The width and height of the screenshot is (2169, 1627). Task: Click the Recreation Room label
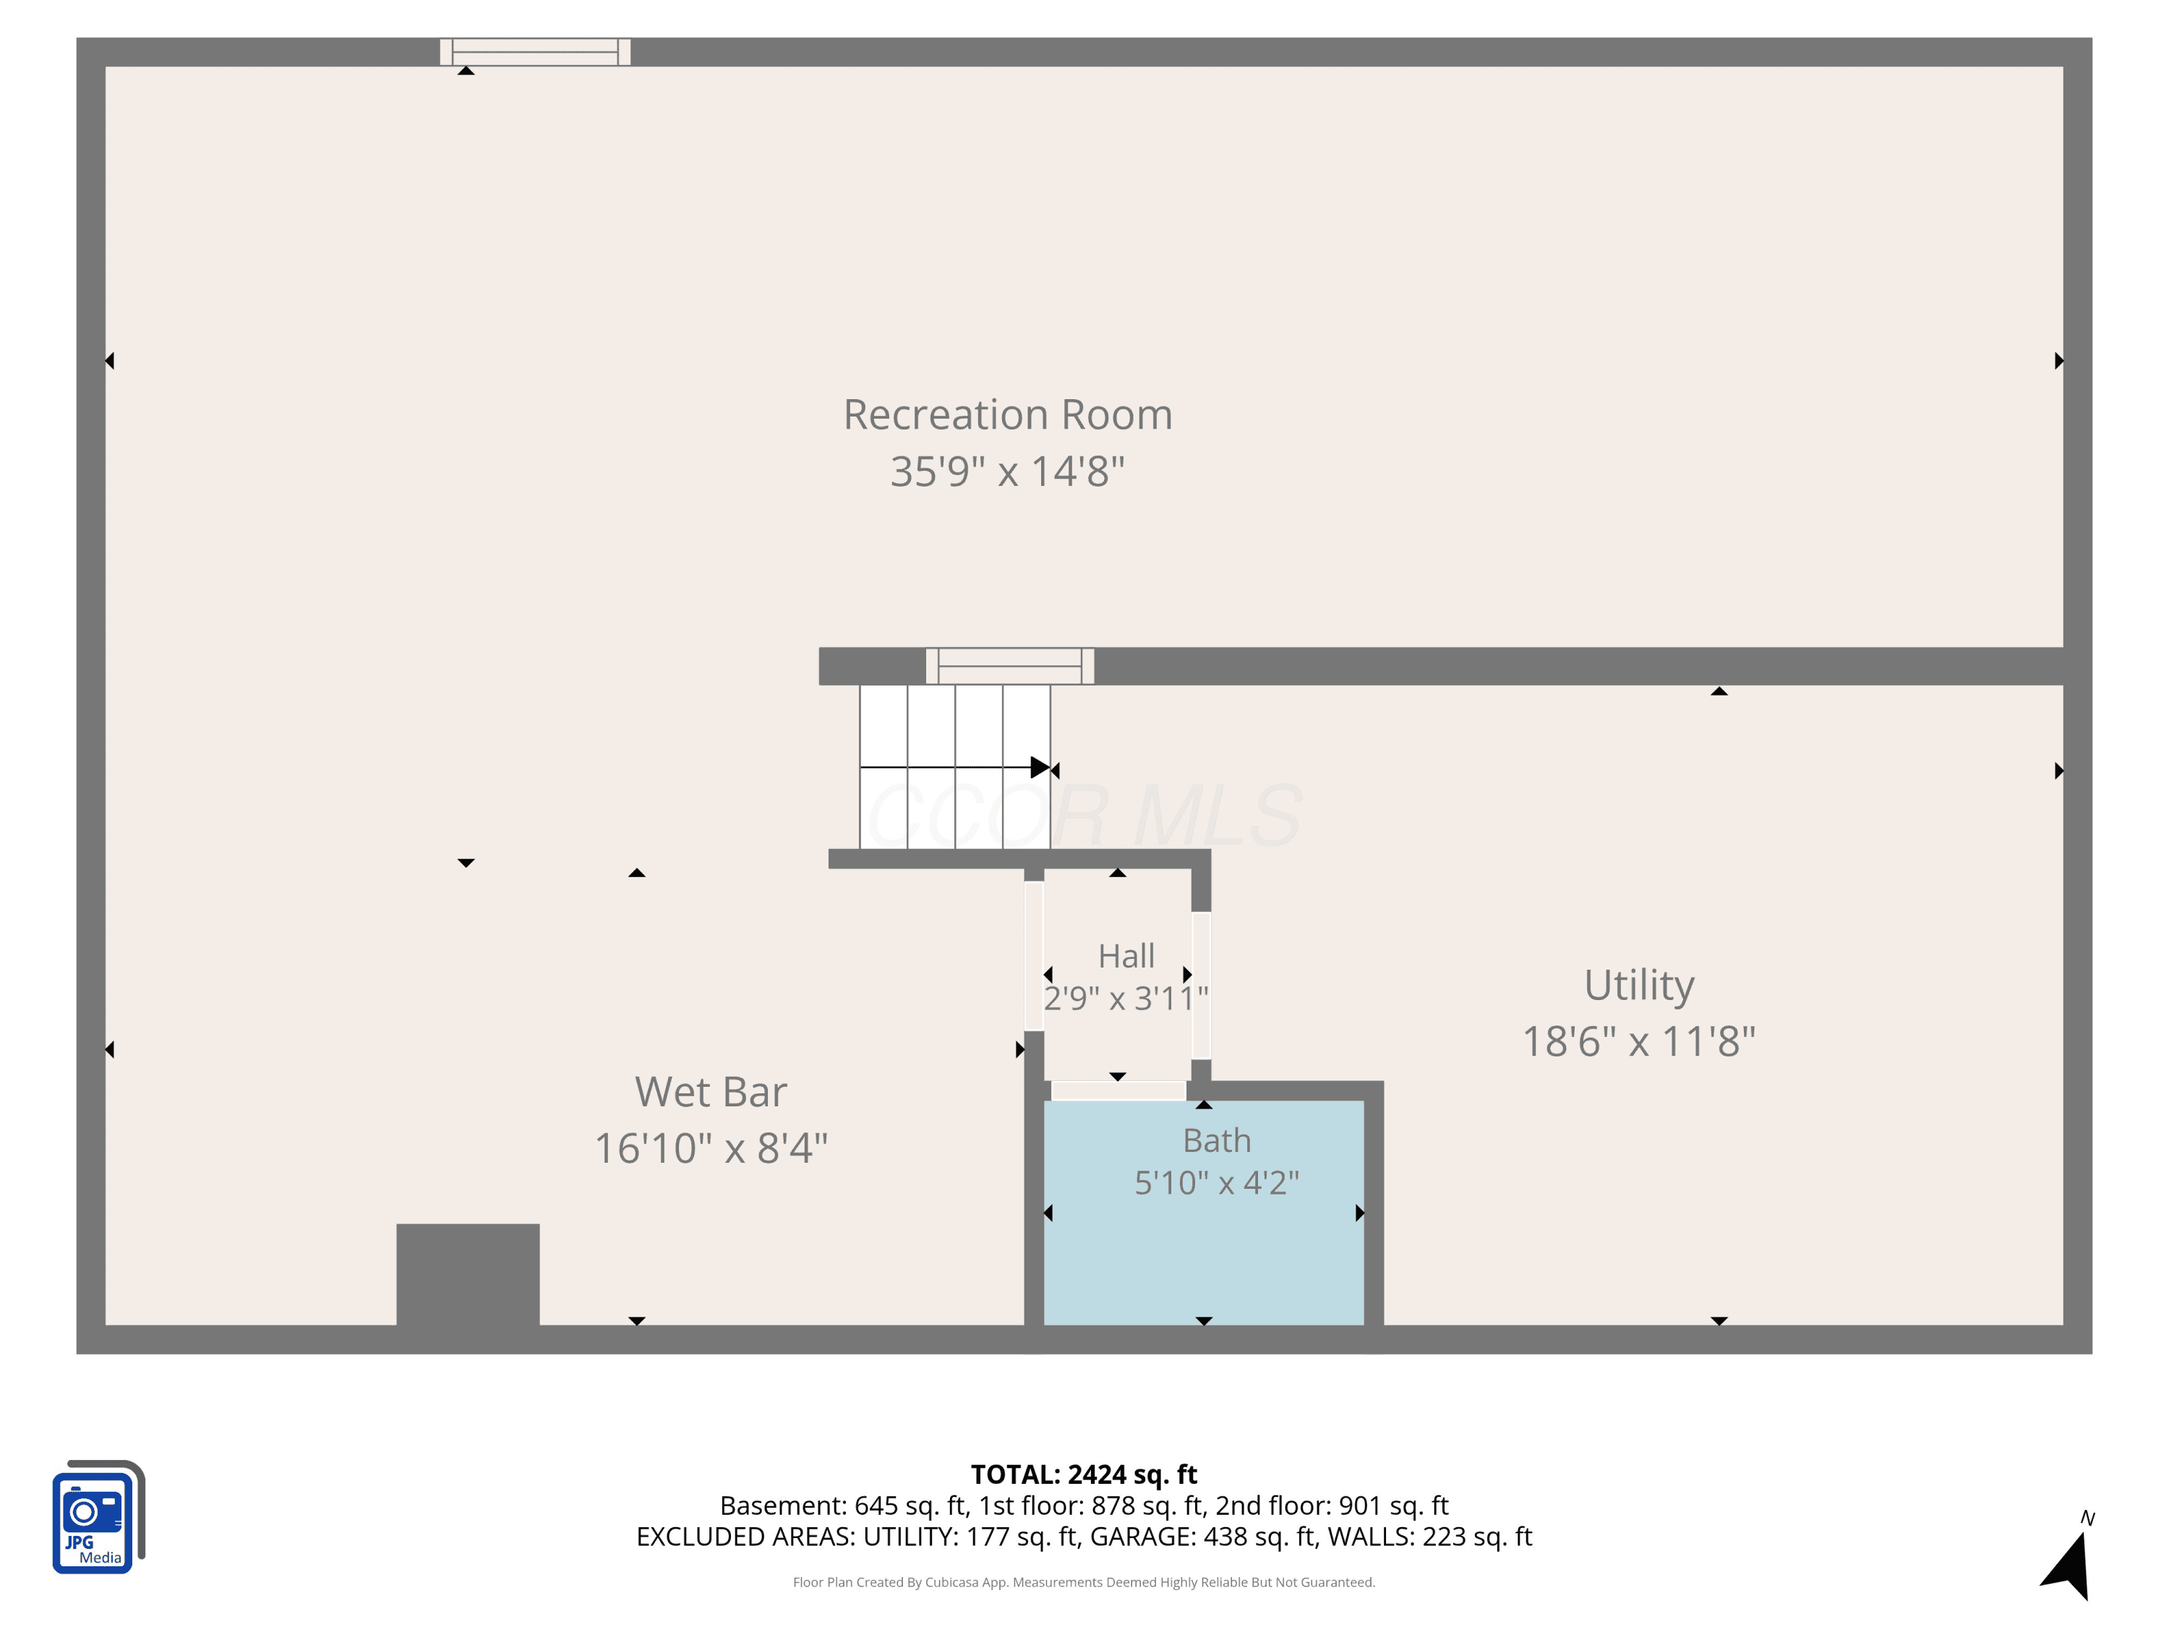[1008, 415]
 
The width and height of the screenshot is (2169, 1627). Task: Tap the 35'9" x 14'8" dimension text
[1008, 471]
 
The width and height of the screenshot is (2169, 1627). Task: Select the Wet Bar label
[711, 1091]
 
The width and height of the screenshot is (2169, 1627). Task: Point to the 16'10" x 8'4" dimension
[711, 1148]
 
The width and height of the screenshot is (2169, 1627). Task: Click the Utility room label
[1640, 986]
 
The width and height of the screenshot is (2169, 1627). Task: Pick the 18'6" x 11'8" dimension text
[1640, 1041]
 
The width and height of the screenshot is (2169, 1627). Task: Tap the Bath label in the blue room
[1217, 1140]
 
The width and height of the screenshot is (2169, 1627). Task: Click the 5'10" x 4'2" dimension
[1217, 1183]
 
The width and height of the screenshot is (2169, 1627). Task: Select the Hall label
[1126, 955]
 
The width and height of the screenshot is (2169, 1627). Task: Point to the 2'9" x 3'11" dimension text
[1126, 999]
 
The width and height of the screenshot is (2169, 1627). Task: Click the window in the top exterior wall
[536, 52]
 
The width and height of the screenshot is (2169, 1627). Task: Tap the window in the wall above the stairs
[1010, 666]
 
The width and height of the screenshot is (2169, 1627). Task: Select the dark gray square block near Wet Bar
[468, 1275]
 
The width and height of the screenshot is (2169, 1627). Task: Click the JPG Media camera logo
[98, 1517]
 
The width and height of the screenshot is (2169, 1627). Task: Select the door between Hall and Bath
[1118, 1090]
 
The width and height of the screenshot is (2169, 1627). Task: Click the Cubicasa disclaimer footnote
[1084, 1582]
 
